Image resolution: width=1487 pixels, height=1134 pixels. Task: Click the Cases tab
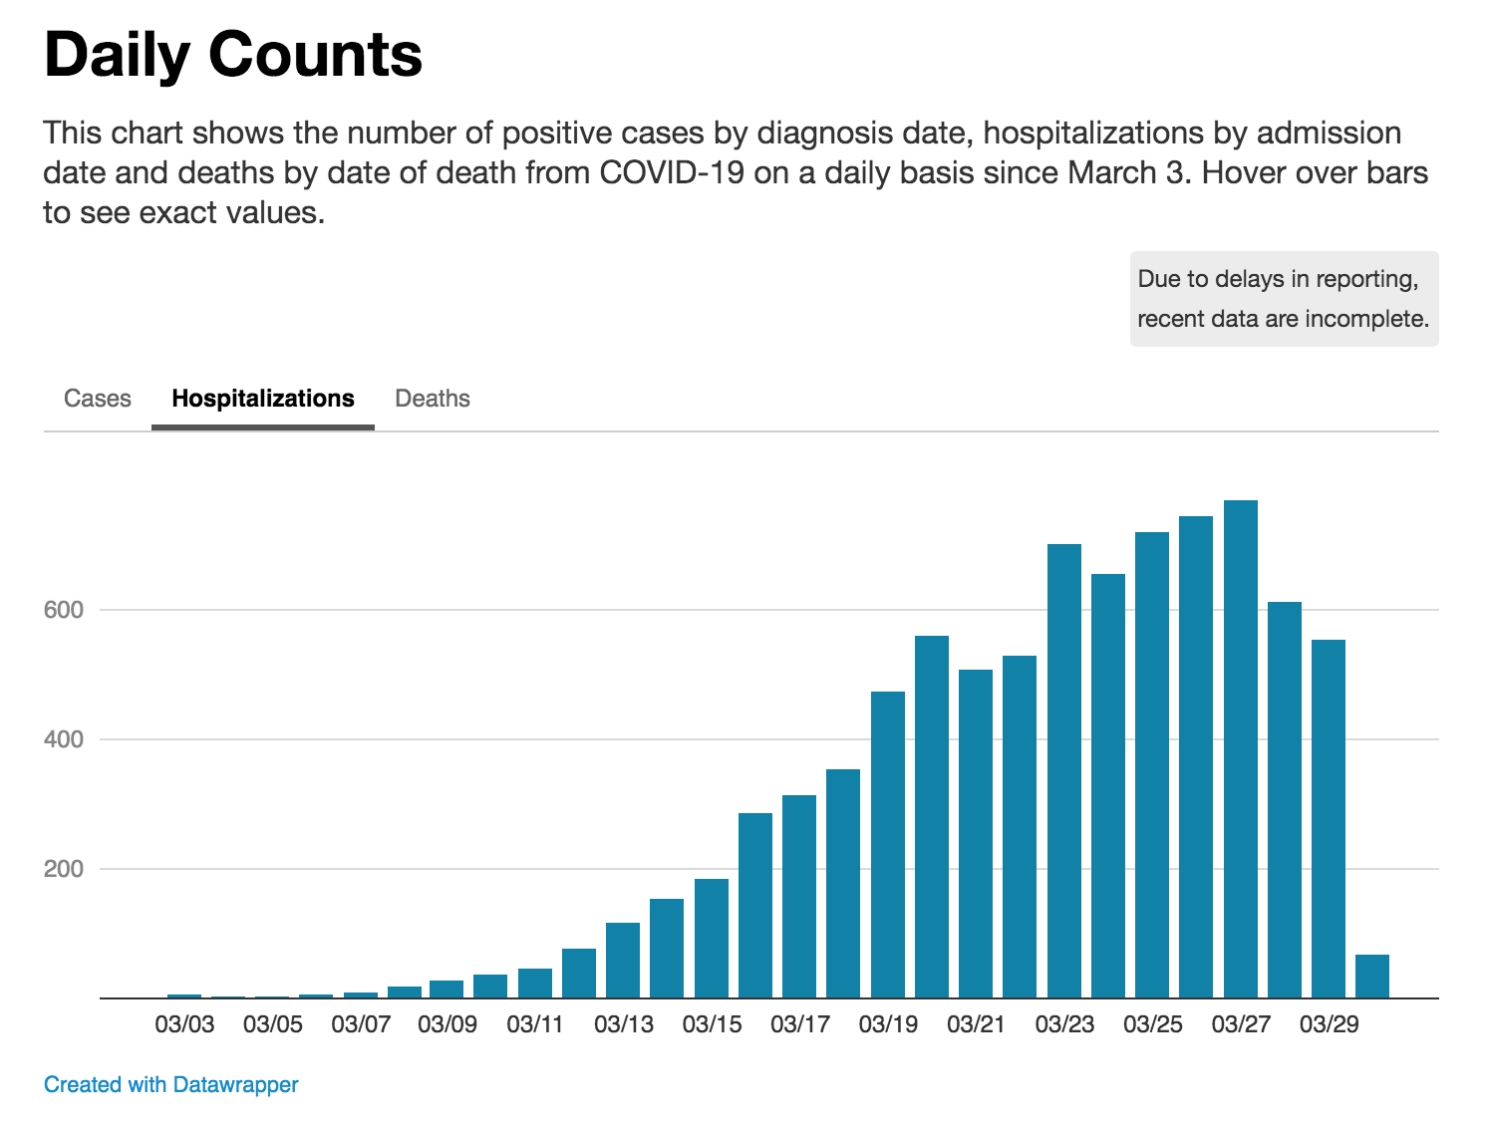pos(98,399)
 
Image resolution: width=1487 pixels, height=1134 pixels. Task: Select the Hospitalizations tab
pos(263,399)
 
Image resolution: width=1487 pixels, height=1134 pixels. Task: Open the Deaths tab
pos(433,399)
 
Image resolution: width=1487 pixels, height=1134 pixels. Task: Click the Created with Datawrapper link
pos(171,1084)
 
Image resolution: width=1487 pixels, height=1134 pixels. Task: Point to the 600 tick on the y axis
pos(64,610)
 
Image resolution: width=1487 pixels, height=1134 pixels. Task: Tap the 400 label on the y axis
pos(64,739)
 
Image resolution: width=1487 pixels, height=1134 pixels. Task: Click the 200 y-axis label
pos(64,869)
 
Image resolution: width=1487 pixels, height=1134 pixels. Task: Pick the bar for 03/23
pos(1064,771)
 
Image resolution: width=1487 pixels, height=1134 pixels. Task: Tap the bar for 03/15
pos(712,939)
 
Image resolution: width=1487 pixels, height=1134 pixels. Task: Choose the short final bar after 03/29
pos(1372,977)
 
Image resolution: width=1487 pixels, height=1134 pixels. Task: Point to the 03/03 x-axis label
pos(184,1024)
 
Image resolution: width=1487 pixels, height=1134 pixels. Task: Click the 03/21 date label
pos(976,1024)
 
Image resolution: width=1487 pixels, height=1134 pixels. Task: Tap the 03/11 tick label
pos(535,1024)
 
